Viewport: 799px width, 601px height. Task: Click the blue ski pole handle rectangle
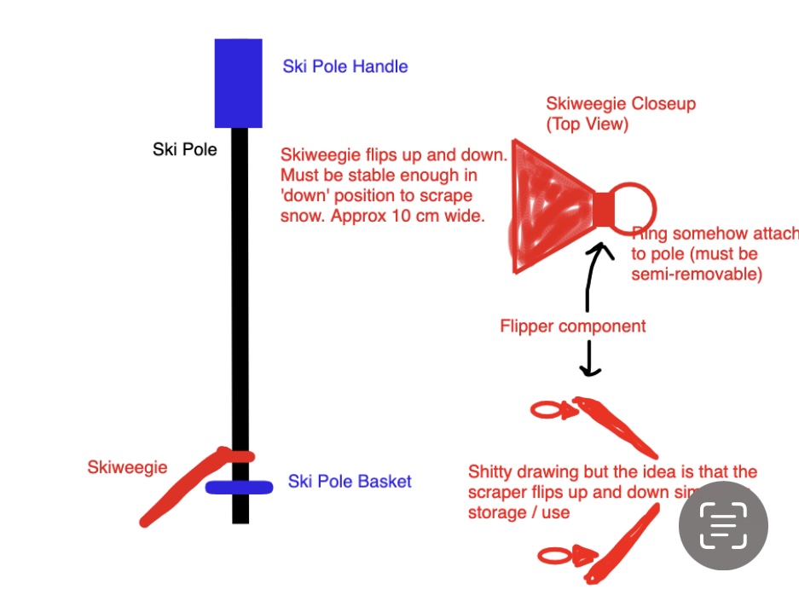click(238, 83)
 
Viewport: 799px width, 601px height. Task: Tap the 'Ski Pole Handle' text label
click(345, 66)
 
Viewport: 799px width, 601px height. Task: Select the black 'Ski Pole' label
click(185, 150)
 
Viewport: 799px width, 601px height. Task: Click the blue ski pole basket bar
click(239, 488)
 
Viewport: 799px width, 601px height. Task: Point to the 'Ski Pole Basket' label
click(350, 482)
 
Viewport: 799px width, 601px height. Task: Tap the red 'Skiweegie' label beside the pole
click(127, 467)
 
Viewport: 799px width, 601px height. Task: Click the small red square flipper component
click(603, 208)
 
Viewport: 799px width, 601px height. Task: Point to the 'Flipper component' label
click(572, 326)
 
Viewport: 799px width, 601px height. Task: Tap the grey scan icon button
click(723, 525)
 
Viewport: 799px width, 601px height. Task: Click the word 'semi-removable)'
click(696, 274)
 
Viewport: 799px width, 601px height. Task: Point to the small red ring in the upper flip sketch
click(545, 411)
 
